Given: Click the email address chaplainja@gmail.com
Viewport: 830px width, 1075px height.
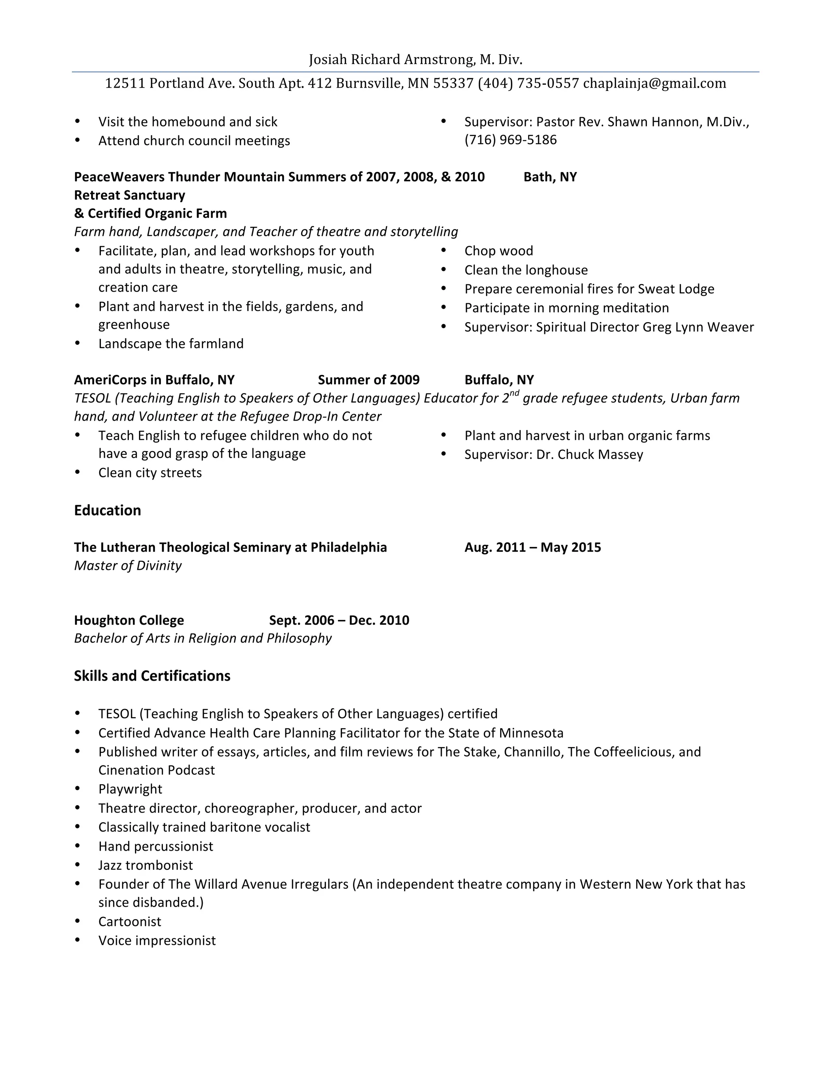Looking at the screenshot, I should tap(654, 83).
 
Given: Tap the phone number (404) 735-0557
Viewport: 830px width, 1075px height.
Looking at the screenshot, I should tap(528, 83).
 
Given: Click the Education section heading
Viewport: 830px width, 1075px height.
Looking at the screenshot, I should tap(107, 510).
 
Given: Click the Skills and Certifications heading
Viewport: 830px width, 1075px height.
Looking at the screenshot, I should tap(152, 676).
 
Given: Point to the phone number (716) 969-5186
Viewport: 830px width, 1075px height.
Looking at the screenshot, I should tap(510, 140).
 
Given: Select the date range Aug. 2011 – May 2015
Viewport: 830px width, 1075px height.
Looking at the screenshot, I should tap(533, 547).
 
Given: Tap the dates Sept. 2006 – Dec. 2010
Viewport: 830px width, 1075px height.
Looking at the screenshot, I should tap(339, 620).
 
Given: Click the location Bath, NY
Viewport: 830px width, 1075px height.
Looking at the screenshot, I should tap(550, 177).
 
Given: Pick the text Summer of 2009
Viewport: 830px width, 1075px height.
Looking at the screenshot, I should tap(368, 380).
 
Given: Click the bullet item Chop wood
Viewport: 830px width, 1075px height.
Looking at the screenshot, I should tap(498, 251).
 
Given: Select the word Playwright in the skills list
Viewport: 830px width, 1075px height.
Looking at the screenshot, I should tap(130, 789).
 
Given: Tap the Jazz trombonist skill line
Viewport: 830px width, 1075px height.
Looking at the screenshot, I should tap(145, 865).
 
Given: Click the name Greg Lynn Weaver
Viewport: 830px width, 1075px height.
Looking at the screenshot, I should tap(697, 327).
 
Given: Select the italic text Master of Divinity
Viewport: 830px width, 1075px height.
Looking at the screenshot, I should tap(128, 565).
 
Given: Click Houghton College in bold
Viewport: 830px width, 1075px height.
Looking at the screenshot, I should tap(129, 620).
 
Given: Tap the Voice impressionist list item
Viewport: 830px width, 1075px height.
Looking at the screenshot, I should tap(157, 941).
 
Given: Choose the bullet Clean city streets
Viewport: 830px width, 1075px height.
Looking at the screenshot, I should tap(150, 473).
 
